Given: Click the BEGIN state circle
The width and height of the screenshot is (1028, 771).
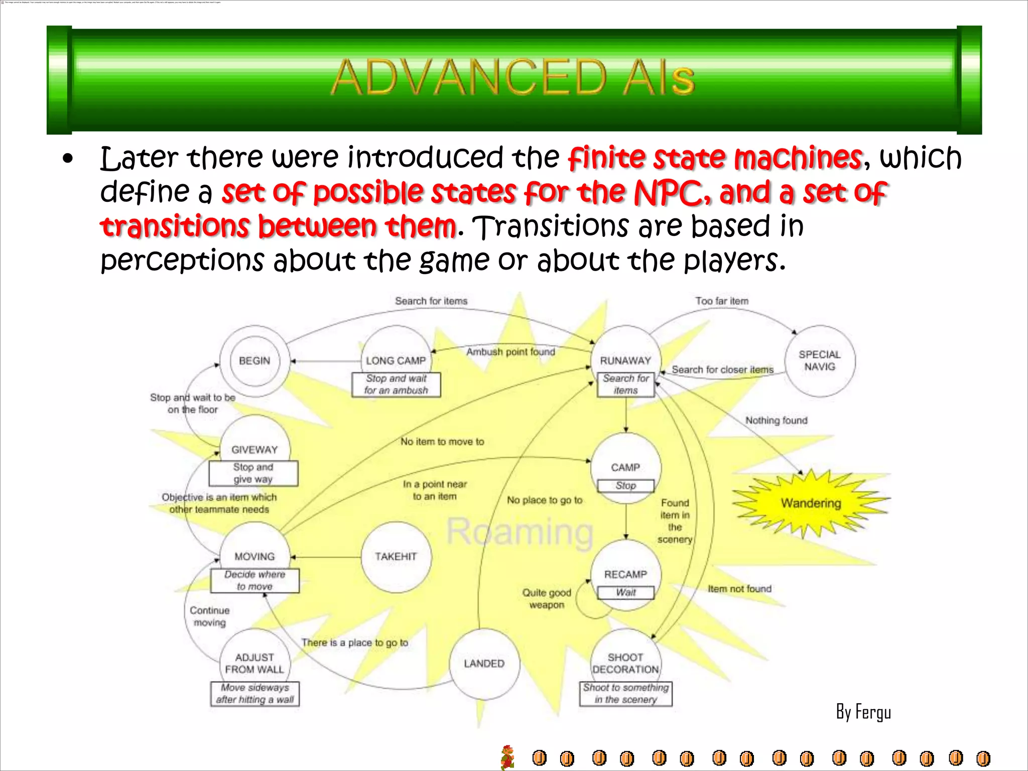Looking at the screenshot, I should [254, 361].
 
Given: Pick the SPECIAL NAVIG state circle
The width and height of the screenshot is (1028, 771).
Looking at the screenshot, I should [820, 361].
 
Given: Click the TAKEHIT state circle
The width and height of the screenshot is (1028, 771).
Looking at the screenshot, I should [396, 557].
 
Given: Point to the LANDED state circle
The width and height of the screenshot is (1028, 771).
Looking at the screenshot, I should [484, 664].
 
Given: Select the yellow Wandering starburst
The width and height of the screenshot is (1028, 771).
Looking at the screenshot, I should [811, 503].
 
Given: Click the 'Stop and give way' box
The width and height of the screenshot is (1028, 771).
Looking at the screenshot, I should [253, 473].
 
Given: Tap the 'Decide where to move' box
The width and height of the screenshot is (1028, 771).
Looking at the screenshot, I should [254, 581].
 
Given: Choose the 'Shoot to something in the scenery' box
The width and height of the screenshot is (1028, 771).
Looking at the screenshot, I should [625, 694].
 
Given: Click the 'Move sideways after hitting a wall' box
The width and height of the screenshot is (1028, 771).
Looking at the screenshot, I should [255, 694].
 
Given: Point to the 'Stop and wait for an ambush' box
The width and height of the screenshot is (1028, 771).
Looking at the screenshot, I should [396, 384].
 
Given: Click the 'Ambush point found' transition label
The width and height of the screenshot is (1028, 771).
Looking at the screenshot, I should [510, 352].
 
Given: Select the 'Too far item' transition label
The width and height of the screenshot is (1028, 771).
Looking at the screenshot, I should [722, 301].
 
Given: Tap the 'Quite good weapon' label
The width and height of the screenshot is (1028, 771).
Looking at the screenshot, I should [547, 599].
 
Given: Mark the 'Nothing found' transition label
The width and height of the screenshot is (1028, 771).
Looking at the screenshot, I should [776, 421].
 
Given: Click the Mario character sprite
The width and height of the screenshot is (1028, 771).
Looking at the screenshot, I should [508, 757].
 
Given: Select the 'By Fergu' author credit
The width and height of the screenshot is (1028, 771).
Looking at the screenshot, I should [863, 712].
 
